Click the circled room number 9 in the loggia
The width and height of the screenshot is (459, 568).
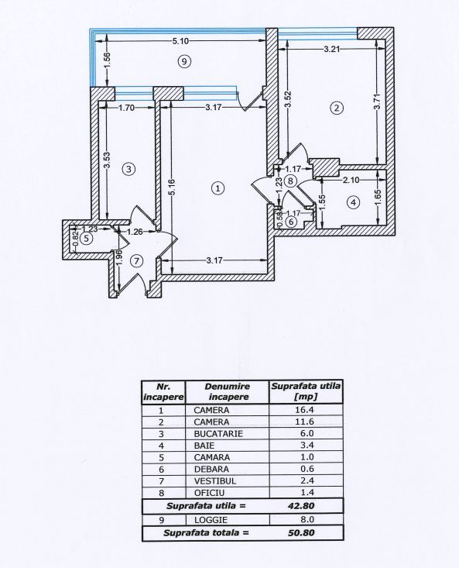point(183,61)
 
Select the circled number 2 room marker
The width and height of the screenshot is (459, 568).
point(336,108)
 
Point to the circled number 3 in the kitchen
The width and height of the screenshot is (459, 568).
point(129,167)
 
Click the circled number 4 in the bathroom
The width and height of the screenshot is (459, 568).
point(353,203)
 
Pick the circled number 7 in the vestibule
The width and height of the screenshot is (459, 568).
point(137,261)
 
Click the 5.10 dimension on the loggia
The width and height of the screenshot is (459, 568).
point(183,41)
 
